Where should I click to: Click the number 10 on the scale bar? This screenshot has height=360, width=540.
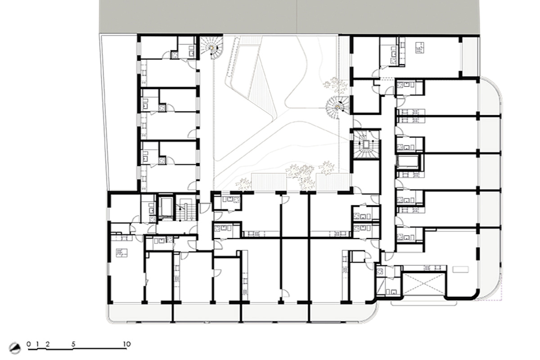point(127,344)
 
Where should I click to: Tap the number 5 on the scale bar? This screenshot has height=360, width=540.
point(73,344)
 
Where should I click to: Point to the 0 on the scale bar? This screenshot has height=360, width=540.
point(29,344)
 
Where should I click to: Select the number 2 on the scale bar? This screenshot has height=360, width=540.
point(48,344)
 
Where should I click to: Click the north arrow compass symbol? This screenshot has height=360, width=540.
point(14,348)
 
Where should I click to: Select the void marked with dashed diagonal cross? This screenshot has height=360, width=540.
point(424,284)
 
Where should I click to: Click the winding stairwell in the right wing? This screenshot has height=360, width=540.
point(366,144)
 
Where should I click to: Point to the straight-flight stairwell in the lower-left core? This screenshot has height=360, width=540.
point(185,209)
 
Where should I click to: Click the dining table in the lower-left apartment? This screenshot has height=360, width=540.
point(121,253)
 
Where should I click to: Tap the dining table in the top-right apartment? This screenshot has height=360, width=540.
point(419,48)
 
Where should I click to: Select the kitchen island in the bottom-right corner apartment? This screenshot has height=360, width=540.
point(460,270)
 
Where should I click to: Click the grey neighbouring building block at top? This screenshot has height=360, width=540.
point(289,17)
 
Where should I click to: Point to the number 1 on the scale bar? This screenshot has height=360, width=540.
point(37,344)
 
